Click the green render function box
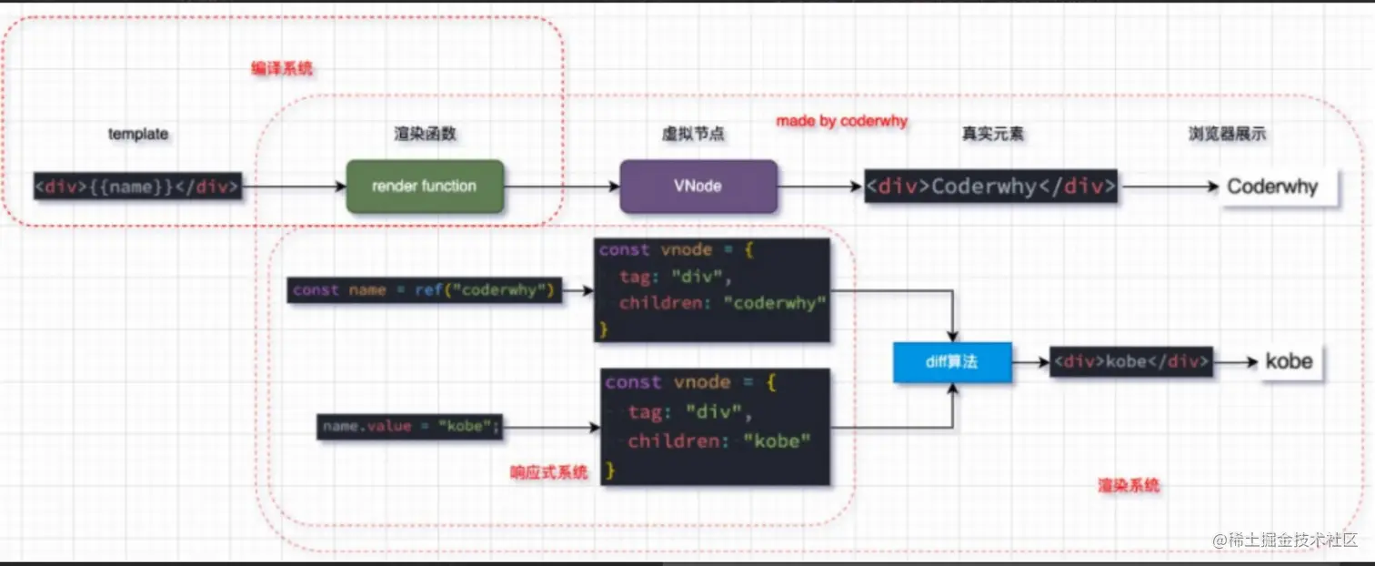tap(425, 187)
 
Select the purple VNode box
tap(698, 187)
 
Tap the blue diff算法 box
tap(951, 362)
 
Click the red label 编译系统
tap(282, 68)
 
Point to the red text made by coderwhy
tap(841, 121)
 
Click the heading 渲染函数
tap(426, 134)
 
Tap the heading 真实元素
tap(993, 134)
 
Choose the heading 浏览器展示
tap(1227, 134)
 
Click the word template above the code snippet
tap(138, 134)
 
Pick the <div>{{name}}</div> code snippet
tap(137, 187)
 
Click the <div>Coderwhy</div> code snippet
tap(990, 187)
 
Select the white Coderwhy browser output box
tap(1279, 187)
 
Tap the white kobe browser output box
tap(1289, 361)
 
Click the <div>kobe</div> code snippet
tap(1131, 361)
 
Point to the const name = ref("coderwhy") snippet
tap(424, 291)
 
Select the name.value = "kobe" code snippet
tap(410, 426)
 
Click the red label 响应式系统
tap(548, 472)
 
